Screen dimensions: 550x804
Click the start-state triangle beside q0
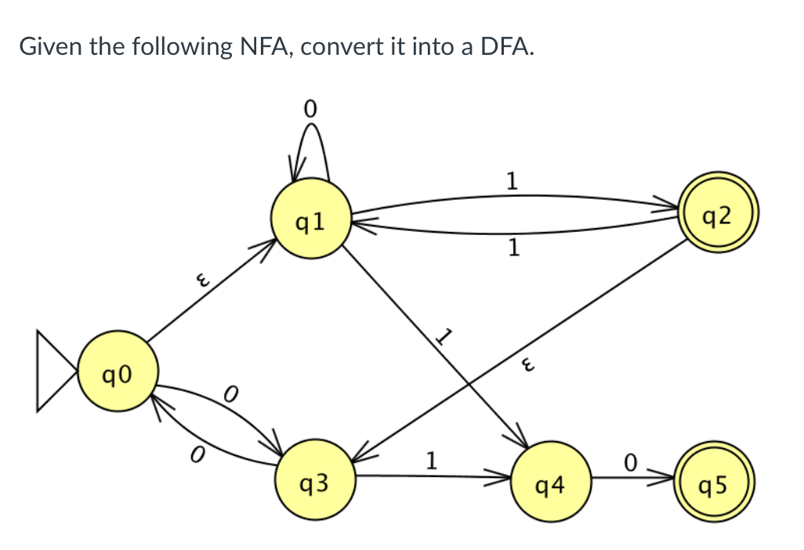(x=55, y=371)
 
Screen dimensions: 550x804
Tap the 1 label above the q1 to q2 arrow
(x=511, y=182)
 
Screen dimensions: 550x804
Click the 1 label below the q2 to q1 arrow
(x=512, y=249)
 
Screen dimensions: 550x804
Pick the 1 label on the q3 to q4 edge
(x=430, y=457)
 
